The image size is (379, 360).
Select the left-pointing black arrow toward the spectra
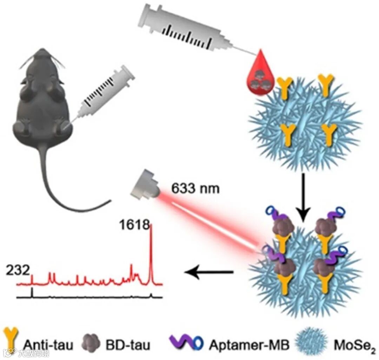coord(210,272)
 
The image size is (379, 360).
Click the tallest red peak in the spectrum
coord(151,252)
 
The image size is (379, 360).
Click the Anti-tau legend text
coord(48,345)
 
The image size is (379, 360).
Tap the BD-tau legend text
coord(128,345)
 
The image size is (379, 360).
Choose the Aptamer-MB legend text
coord(249,345)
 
